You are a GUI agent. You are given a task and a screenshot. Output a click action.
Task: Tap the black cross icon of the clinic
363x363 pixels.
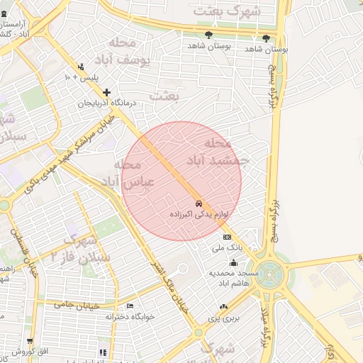point(106,92)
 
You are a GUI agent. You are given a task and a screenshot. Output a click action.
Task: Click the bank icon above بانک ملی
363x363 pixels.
point(227,238)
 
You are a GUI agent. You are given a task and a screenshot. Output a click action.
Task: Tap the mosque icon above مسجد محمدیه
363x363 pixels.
point(233,263)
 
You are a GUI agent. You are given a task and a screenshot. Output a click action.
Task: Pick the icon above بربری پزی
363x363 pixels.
point(224,307)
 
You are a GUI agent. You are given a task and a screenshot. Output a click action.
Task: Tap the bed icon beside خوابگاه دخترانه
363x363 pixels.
point(130,306)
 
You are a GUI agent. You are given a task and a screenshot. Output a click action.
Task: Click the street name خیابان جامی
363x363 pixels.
point(74,304)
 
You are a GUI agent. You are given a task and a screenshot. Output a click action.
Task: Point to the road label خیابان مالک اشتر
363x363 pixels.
point(169,277)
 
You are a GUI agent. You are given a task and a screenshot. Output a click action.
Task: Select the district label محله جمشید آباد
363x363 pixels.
point(217,152)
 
